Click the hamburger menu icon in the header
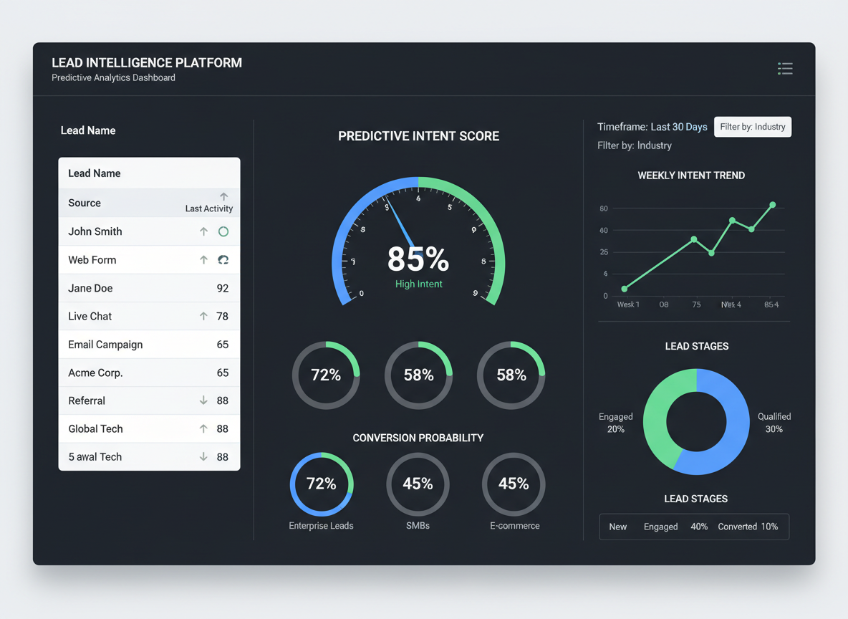(785, 69)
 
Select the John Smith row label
(95, 231)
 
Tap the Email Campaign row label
(105, 345)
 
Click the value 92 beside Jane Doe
(223, 289)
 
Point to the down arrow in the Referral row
(203, 401)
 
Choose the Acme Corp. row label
(95, 373)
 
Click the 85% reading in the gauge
(418, 259)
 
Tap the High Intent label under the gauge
(419, 284)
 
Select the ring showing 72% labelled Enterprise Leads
(322, 484)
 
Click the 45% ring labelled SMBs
(418, 484)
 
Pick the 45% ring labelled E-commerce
(514, 484)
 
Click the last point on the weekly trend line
(773, 205)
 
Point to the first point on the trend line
(625, 289)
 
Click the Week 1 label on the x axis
(628, 304)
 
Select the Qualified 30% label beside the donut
(774, 423)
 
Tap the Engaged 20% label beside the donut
(616, 423)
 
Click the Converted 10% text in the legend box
(748, 527)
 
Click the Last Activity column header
(209, 208)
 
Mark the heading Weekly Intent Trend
(691, 176)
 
